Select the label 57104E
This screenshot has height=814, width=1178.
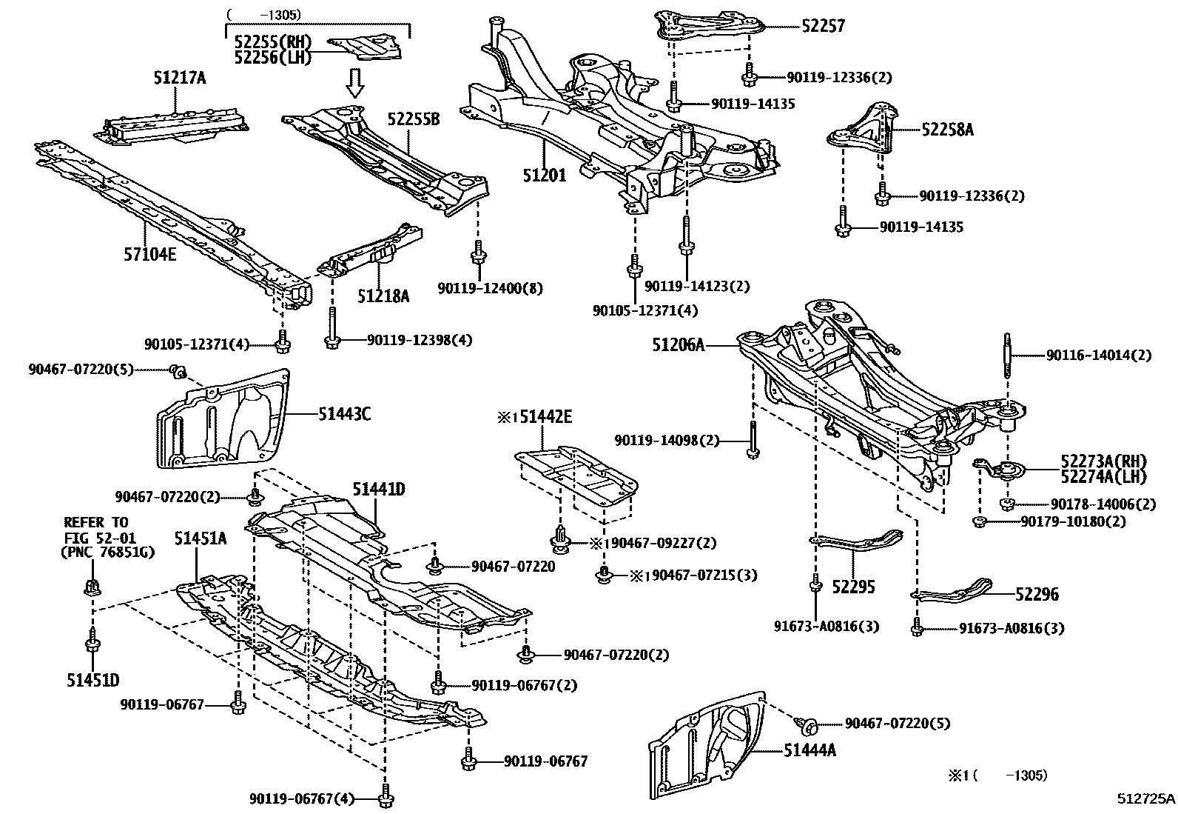pos(150,255)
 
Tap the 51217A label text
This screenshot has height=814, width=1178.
pos(180,76)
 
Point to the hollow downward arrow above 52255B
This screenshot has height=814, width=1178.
pos(356,83)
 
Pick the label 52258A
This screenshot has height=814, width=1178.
pos(947,130)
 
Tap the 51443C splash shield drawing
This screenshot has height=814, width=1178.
pos(222,421)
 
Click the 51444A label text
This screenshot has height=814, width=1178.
pos(810,750)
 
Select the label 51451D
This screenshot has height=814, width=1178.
pos(93,680)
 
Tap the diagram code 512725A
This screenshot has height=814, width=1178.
pos(1145,798)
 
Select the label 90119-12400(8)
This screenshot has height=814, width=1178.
pos(490,287)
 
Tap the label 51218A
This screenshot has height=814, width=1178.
pos(383,296)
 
